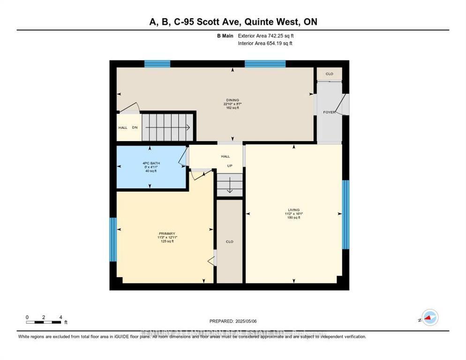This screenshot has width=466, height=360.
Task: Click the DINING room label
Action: point(233,100)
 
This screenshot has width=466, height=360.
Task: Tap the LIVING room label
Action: point(294,210)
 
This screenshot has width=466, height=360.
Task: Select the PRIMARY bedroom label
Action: point(166,233)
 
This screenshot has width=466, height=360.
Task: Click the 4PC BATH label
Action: point(148,163)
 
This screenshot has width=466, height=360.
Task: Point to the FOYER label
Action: point(329,112)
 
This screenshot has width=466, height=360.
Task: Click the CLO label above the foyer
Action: point(330,74)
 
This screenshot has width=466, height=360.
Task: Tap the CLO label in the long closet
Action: point(229,242)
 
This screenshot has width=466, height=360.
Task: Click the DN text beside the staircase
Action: point(135,127)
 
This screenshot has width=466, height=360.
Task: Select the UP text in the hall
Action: point(230,166)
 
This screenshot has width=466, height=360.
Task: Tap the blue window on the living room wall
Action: point(346,214)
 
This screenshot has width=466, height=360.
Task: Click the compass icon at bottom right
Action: point(429,318)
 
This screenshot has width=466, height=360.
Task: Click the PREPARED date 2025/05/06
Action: point(233,321)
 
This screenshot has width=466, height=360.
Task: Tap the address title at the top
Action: point(233,22)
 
